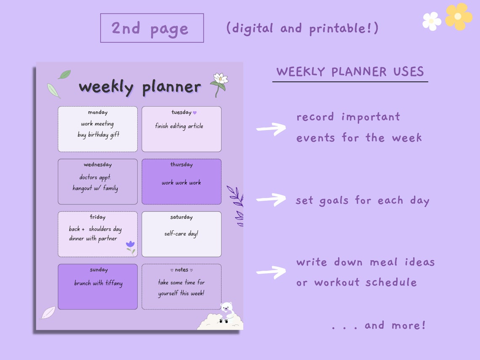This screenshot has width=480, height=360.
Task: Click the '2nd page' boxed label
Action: tap(152, 28)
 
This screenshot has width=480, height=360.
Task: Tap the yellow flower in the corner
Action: tap(458, 16)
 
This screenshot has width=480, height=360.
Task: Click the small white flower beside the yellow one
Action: tap(432, 21)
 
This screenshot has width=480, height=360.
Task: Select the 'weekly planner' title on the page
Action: tap(140, 87)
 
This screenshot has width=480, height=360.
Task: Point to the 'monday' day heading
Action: tap(98, 112)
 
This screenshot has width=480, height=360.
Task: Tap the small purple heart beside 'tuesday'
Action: tap(195, 112)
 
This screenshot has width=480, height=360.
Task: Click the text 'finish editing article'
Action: tap(179, 126)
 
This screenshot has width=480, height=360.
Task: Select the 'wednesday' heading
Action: tap(98, 165)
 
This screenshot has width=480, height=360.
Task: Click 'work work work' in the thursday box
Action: tap(181, 183)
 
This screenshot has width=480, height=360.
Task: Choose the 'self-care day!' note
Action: tap(181, 233)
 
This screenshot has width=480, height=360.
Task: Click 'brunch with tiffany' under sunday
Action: tap(98, 283)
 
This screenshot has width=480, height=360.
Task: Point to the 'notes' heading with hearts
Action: tap(181, 270)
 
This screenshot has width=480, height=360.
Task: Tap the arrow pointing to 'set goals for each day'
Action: tap(271, 199)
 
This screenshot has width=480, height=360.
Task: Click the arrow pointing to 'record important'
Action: tap(271, 128)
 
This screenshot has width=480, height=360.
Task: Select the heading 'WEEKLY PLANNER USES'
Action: tap(350, 72)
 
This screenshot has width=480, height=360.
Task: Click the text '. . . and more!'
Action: tap(379, 325)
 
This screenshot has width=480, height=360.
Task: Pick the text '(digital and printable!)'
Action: tap(302, 28)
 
